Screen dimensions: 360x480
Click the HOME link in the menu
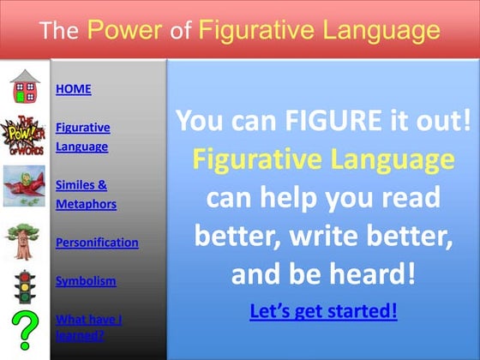tap(73, 89)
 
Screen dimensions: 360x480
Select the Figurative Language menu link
tap(82, 136)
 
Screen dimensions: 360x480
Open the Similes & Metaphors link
tap(86, 194)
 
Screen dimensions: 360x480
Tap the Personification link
tap(97, 243)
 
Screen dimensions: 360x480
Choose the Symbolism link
tap(86, 280)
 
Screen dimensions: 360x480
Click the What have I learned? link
tap(88, 327)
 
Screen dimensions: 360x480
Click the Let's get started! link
tap(322, 310)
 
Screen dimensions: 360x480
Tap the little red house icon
tap(25, 86)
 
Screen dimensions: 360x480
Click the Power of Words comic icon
tap(25, 136)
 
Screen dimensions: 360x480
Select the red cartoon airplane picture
tap(25, 184)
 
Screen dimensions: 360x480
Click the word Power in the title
tap(124, 31)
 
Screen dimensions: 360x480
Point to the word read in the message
tap(408, 198)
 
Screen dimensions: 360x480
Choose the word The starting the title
tap(59, 32)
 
